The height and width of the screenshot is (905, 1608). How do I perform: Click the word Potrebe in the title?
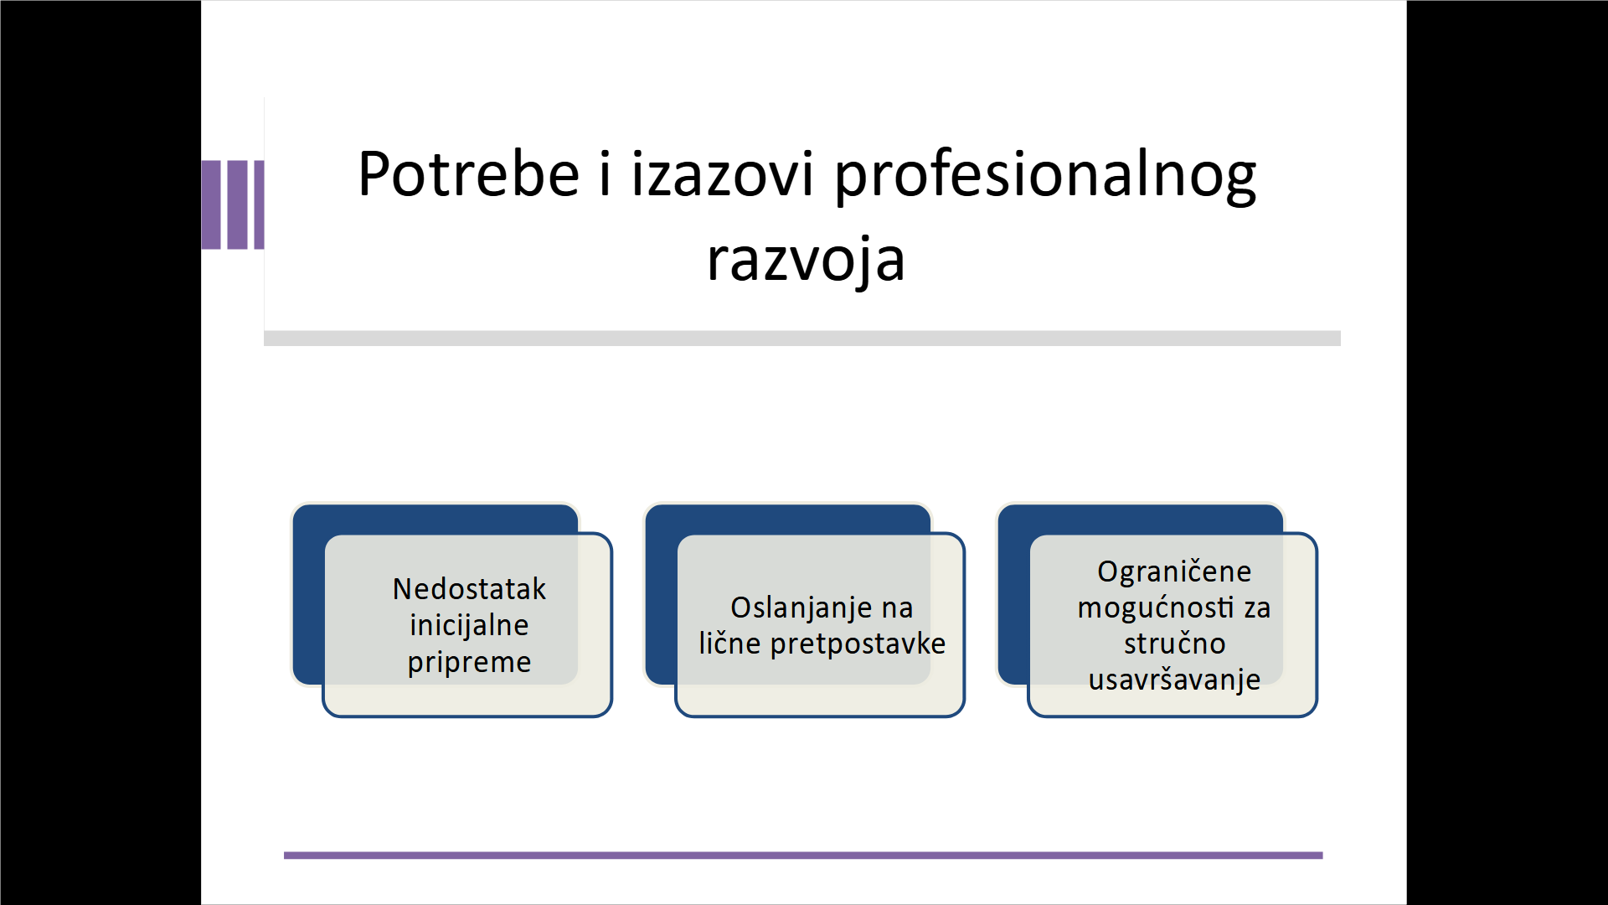468,173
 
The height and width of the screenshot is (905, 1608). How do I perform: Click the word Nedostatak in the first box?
469,589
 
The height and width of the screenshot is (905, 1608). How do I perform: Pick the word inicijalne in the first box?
469,625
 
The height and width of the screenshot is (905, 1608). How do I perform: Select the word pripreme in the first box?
469,663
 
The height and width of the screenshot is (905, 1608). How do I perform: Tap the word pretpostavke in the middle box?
858,644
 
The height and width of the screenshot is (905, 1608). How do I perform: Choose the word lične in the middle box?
730,643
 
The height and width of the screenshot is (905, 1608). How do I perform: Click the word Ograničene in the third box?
1174,572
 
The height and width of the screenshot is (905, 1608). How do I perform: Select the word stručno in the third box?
1174,644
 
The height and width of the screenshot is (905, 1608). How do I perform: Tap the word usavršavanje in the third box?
1174,680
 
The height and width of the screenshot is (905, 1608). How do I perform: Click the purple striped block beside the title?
233,204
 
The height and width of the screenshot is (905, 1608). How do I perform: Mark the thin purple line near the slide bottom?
803,856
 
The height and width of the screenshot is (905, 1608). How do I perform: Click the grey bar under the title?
802,339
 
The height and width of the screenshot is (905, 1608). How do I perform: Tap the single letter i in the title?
605,173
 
